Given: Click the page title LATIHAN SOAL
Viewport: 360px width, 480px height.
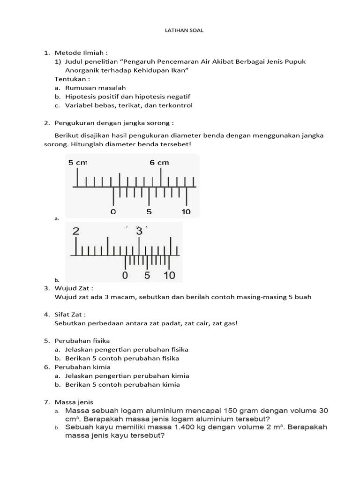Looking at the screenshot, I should pyautogui.click(x=180, y=30).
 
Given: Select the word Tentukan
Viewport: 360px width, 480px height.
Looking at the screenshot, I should pyautogui.click(x=71, y=79).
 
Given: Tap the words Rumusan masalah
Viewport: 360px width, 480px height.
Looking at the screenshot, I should pyautogui.click(x=96, y=88).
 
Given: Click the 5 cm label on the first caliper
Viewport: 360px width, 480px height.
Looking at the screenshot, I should pyautogui.click(x=78, y=163).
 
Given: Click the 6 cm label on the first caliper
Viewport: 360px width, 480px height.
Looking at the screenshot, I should pyautogui.click(x=159, y=163).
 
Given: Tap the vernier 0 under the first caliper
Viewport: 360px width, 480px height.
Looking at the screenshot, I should pyautogui.click(x=113, y=211).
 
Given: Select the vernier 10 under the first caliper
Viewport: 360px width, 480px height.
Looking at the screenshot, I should pyautogui.click(x=186, y=211).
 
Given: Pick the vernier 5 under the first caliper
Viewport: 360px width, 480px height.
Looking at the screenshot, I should pyautogui.click(x=149, y=211).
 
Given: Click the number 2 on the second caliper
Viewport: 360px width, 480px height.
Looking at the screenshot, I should pyautogui.click(x=76, y=232).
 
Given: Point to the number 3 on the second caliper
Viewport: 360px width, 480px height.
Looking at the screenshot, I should pyautogui.click(x=139, y=232).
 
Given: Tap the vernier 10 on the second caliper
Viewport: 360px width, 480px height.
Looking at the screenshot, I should pyautogui.click(x=169, y=275).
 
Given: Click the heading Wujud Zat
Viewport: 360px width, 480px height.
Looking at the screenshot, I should pyautogui.click(x=74, y=288).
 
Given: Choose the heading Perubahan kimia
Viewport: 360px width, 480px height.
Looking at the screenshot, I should pyautogui.click(x=83, y=367).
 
